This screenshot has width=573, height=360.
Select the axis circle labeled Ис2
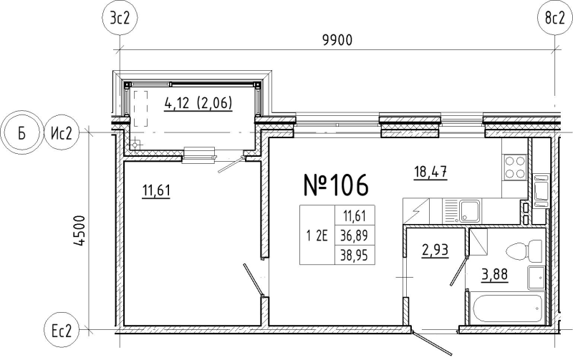61,132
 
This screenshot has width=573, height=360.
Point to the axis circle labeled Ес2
61,331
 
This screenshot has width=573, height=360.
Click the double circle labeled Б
21,132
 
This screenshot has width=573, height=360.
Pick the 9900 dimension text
337,40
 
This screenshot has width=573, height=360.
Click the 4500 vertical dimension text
79,231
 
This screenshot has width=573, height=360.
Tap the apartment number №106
336,184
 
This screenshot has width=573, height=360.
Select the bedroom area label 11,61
156,190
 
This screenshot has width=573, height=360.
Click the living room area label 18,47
430,171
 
